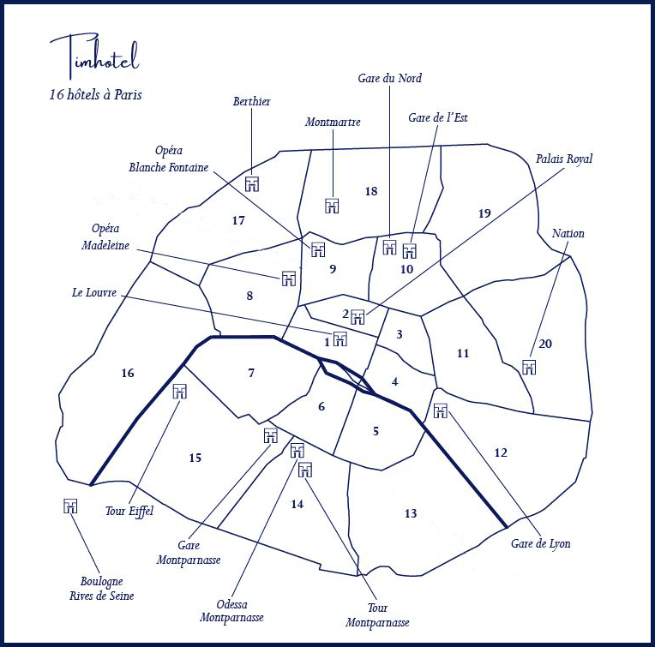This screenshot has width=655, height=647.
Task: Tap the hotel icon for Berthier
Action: pos(252,184)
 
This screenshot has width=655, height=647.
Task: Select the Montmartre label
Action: pos(333,123)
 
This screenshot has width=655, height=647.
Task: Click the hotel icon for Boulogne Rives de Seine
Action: pos(71,506)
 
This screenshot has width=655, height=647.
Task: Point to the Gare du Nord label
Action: pos(389,79)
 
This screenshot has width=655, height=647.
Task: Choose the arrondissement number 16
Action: pos(128,373)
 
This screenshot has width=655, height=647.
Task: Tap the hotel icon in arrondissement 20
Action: pos(529,368)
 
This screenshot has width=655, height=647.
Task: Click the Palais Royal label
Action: pos(564,159)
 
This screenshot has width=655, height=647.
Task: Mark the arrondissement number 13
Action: pos(411,512)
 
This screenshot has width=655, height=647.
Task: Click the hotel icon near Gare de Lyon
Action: pos(441,410)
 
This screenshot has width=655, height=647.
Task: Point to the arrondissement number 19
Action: pos(484,213)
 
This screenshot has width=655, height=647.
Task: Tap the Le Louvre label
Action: pos(93,292)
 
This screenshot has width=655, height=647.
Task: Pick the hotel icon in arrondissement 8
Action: pos(289,279)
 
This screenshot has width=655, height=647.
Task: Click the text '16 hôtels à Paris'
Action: pos(96,95)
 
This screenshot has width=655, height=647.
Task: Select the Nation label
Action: pos(568,233)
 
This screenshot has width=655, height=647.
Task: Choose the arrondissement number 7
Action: pos(251,373)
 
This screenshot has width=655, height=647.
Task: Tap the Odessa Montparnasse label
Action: pos(231,610)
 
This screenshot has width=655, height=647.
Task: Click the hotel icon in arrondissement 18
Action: pos(333,206)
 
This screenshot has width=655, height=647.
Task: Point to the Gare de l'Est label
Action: pos(438,117)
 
